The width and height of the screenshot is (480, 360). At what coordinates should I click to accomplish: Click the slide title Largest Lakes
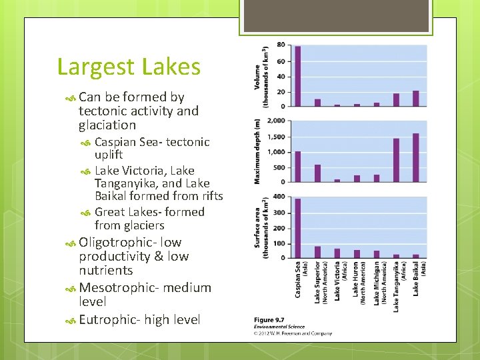coord(129,67)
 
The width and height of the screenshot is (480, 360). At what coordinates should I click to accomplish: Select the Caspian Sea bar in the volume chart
coord(297,76)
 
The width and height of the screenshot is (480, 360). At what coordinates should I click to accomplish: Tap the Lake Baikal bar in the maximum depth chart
coord(416,157)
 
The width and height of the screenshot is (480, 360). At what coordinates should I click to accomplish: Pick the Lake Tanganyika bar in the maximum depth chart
coord(396,160)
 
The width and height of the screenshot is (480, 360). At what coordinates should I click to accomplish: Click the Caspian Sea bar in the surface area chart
coord(297,228)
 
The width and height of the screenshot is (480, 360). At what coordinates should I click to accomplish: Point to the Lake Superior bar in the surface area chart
coord(317,252)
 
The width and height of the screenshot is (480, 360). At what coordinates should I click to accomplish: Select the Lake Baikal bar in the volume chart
coord(416,98)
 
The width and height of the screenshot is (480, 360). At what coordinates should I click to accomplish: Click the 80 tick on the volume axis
coord(281,45)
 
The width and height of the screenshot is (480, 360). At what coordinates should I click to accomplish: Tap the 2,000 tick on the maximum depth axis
coord(276,121)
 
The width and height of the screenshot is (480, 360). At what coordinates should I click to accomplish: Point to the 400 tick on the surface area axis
coord(278,197)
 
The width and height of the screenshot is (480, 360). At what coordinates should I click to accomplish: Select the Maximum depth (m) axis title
coord(257,151)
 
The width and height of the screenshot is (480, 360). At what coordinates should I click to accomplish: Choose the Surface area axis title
coord(261,227)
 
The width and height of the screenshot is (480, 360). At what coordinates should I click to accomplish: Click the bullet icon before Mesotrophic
coord(71,288)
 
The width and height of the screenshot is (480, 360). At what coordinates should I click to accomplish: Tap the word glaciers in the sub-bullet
coord(139,225)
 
